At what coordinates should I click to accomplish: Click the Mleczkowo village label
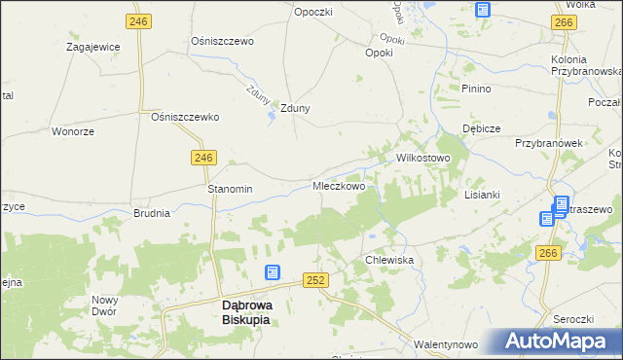tap(338, 186)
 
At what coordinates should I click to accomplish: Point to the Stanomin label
tap(230, 189)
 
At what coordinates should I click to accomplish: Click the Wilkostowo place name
tap(421, 158)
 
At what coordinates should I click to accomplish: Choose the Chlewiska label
tap(390, 261)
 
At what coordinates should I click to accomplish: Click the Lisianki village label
tap(482, 194)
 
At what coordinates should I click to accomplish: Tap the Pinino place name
tap(477, 89)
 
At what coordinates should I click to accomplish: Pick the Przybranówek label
tap(548, 142)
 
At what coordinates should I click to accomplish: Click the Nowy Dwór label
tap(104, 306)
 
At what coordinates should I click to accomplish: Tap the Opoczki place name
tap(313, 12)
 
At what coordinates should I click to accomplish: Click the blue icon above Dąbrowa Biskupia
tap(272, 273)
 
